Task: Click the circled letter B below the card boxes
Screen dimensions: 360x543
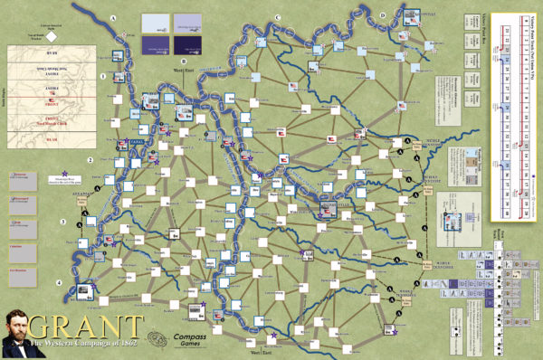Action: coord(183,60)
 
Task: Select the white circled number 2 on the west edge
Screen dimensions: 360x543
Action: coord(90,161)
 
